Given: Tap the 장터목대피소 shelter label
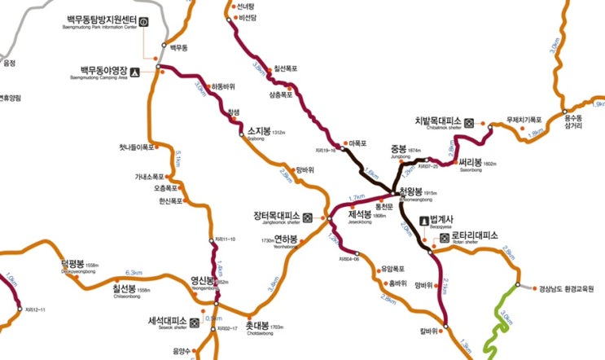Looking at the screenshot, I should coord(277,216).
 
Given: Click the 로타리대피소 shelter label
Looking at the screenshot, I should coord(475,236).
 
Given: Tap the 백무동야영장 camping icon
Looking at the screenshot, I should coord(135,72).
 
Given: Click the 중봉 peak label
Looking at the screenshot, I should coord(398,149).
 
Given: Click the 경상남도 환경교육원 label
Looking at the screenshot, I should coord(572,288).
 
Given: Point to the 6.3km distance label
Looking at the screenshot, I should coord(134,273).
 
